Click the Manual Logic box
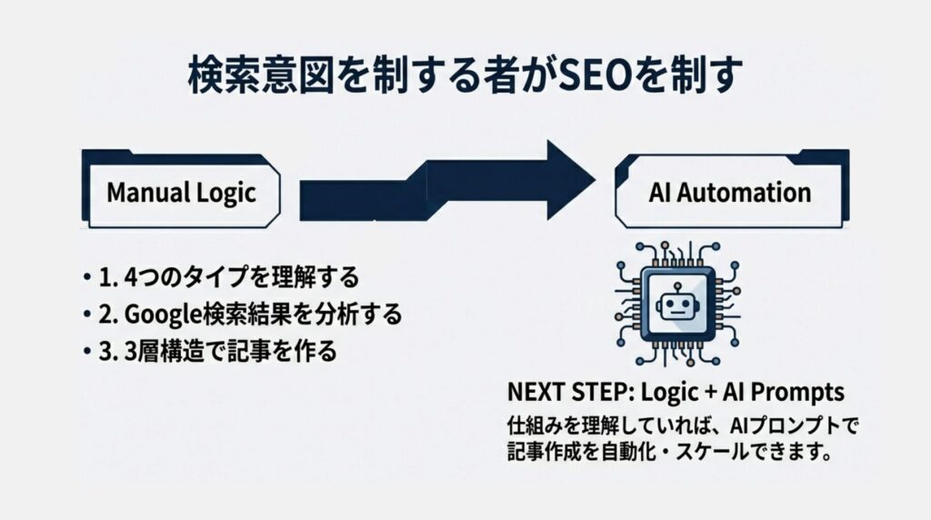pos(181,190)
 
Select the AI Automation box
pos(732,190)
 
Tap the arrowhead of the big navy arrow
pos(570,180)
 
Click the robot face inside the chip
pos(677,305)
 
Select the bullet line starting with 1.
pos(221,277)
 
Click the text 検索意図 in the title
pos(262,75)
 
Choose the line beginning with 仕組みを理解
pos(683,425)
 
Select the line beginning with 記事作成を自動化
pos(669,452)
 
